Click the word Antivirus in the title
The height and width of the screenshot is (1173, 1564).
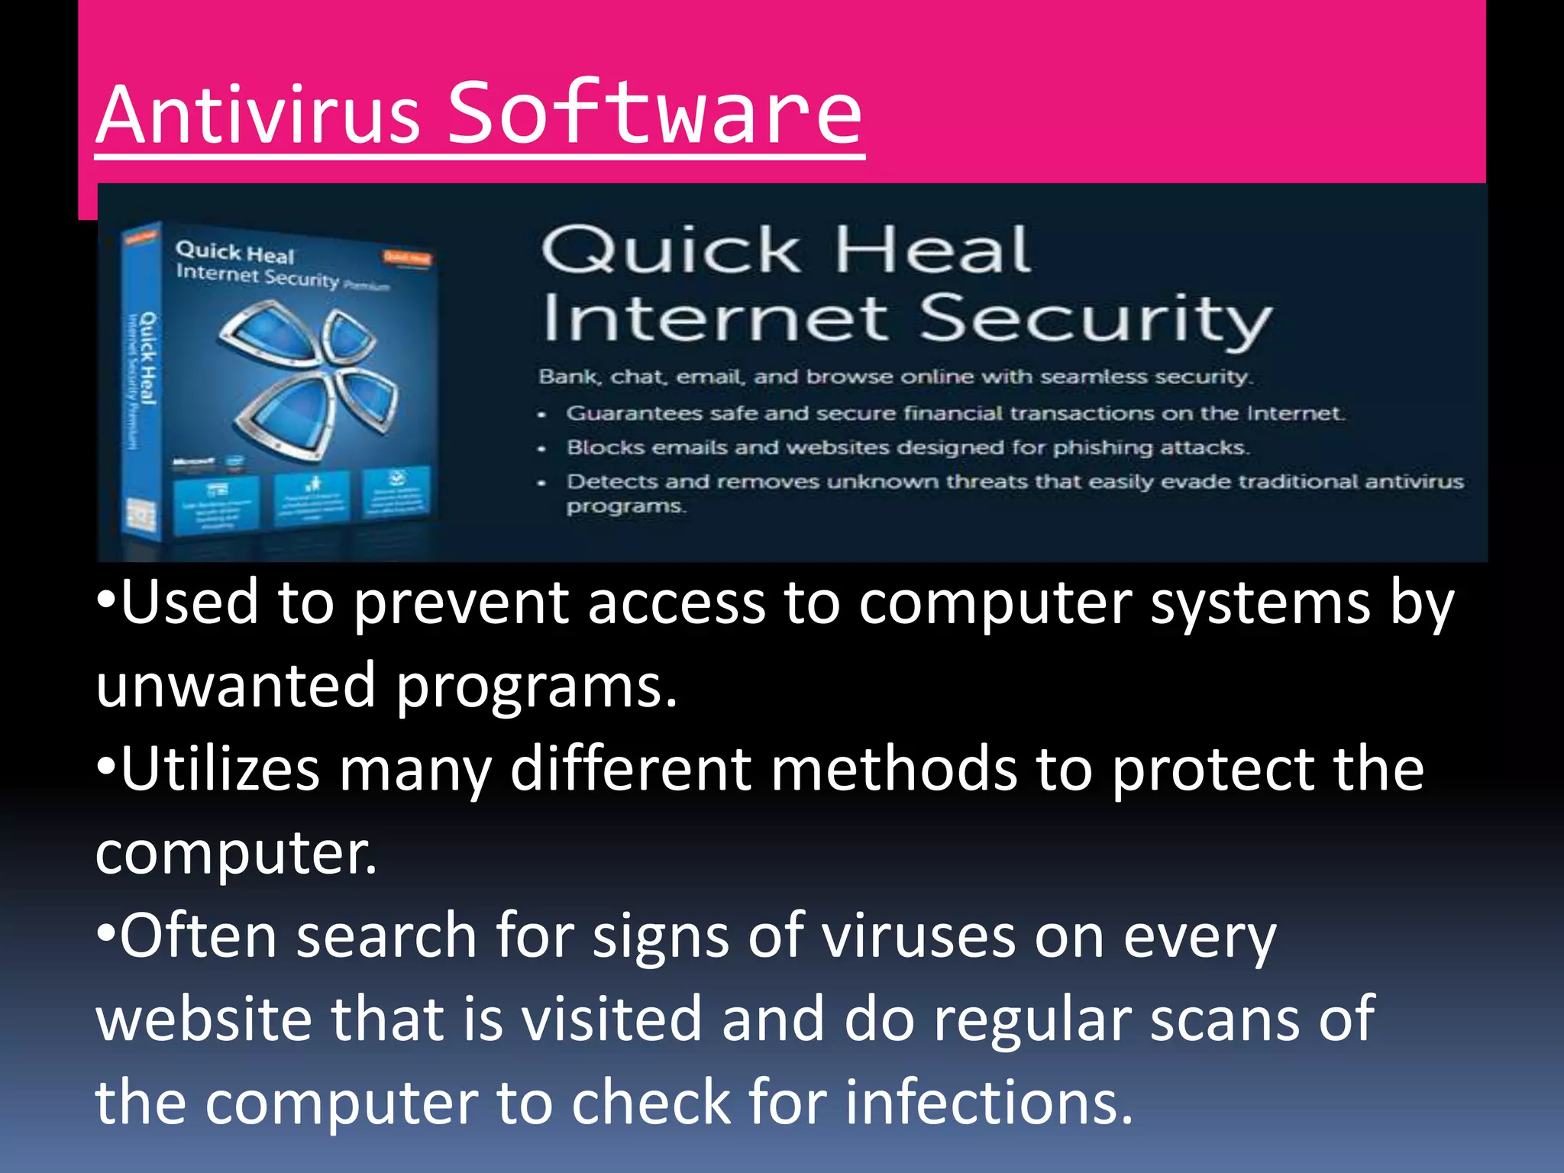(x=258, y=115)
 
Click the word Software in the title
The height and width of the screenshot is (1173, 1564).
(x=654, y=115)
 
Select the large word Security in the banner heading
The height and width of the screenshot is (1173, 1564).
(x=1095, y=319)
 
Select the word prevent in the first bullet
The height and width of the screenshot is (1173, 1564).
(x=461, y=604)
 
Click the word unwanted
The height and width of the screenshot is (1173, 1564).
(x=235, y=685)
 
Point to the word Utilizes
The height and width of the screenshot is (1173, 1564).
(x=220, y=769)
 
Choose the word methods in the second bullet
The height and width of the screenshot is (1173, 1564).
(x=893, y=769)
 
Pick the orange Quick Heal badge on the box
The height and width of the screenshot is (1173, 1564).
(x=407, y=258)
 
